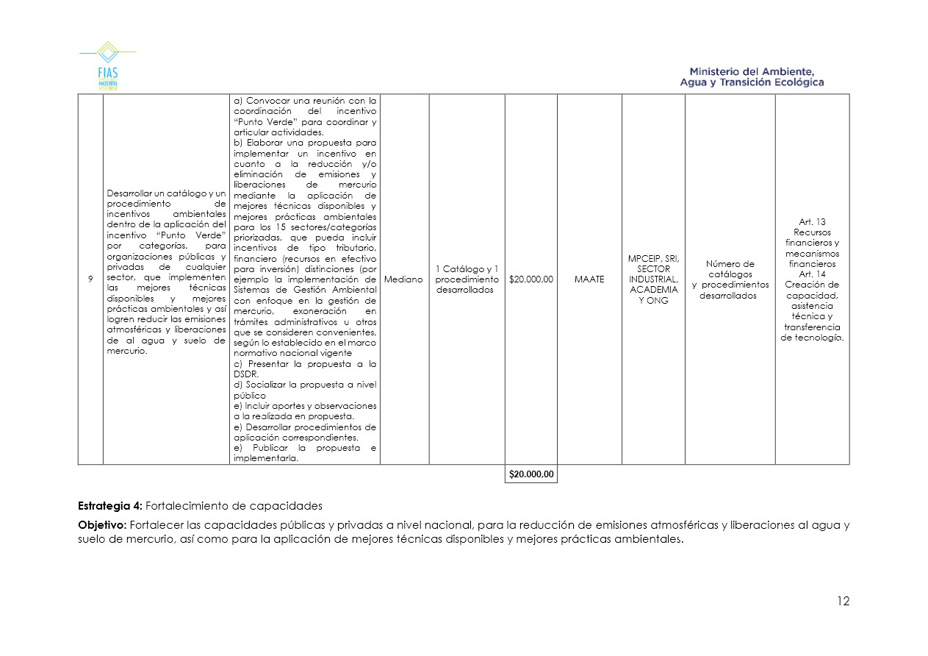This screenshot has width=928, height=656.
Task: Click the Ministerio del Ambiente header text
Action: pos(752,76)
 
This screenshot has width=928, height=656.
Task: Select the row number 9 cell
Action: pos(90,279)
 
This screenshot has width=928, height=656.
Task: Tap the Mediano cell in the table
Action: pos(404,279)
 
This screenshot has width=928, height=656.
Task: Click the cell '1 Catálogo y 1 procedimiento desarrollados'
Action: pos(467,279)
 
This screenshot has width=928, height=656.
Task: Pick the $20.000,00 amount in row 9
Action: pos(531,279)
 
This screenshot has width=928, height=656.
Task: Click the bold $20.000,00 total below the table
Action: pos(531,474)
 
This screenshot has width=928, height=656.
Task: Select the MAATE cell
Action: pos(589,279)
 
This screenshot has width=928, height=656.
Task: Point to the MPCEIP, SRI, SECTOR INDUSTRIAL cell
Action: pos(653,279)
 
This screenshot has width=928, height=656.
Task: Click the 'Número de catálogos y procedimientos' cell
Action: pos(730,279)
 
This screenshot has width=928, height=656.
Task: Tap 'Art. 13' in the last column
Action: pos(812,222)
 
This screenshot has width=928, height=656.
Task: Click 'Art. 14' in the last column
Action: pos(812,274)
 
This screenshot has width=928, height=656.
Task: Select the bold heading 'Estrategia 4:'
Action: pos(110,506)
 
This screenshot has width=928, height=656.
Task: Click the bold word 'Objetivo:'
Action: pos(102,525)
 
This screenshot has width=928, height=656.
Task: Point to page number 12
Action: pos(843,602)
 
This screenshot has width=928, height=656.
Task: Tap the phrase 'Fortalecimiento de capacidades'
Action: pos(234,506)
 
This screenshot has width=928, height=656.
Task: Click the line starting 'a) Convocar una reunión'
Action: pos(304,101)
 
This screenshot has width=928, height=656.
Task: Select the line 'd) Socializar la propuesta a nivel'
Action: pos(304,385)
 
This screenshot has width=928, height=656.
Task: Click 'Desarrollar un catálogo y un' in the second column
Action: pos(165,193)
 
